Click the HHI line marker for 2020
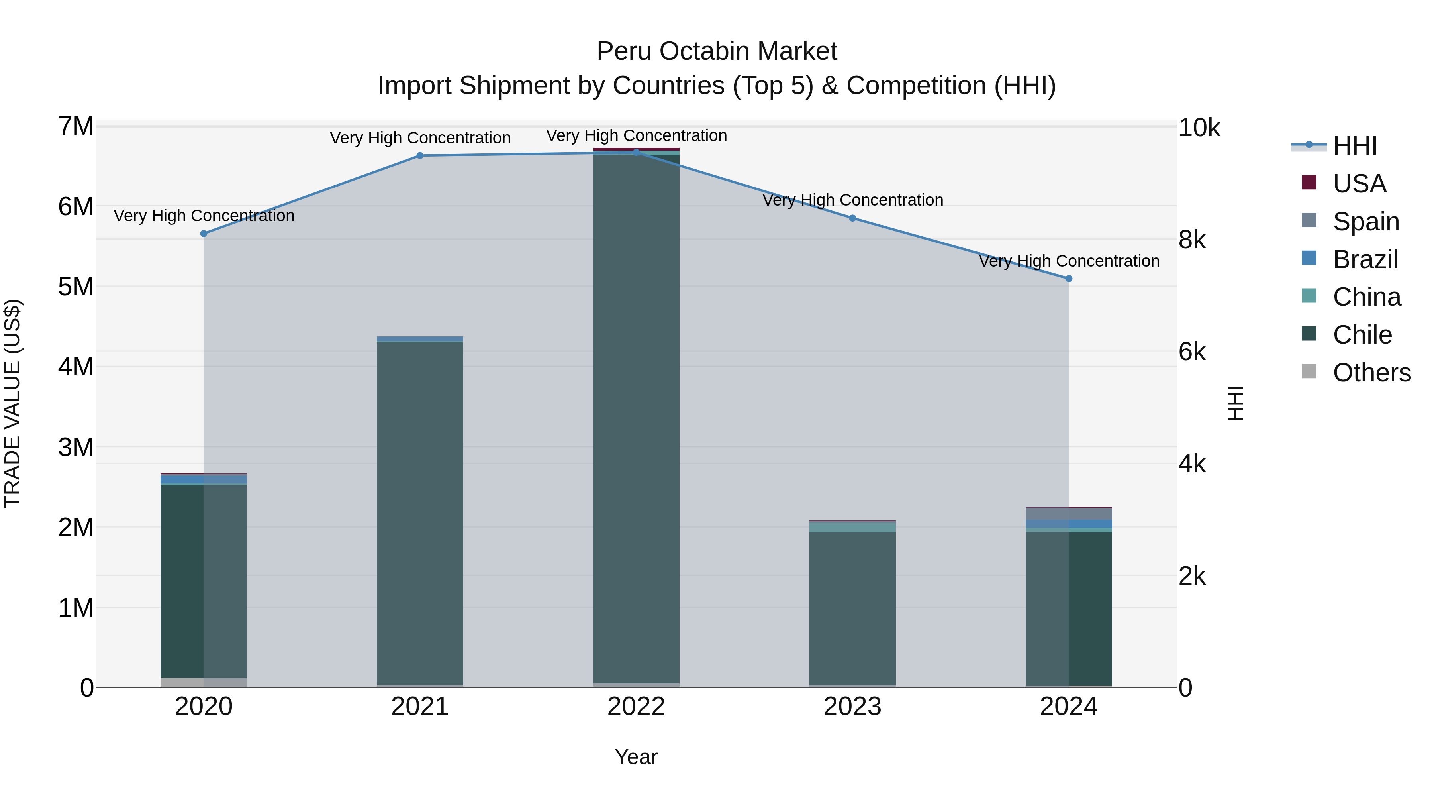pyautogui.click(x=204, y=234)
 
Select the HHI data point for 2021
pyautogui.click(x=420, y=155)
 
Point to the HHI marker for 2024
pyautogui.click(x=1068, y=279)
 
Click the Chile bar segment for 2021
pyautogui.click(x=420, y=512)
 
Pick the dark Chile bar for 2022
pyautogui.click(x=636, y=418)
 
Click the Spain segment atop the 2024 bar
pyautogui.click(x=1068, y=514)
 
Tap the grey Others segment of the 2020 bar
pyautogui.click(x=204, y=682)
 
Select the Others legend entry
pyautogui.click(x=1371, y=373)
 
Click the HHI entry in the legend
pyautogui.click(x=1354, y=146)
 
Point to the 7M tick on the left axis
pyautogui.click(x=76, y=126)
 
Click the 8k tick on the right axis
pyautogui.click(x=1192, y=240)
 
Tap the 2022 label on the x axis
pyautogui.click(x=636, y=707)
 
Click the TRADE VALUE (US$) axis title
pyautogui.click(x=12, y=403)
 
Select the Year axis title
pyautogui.click(x=636, y=757)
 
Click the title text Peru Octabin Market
pyautogui.click(x=717, y=51)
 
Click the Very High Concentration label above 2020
pyautogui.click(x=204, y=216)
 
